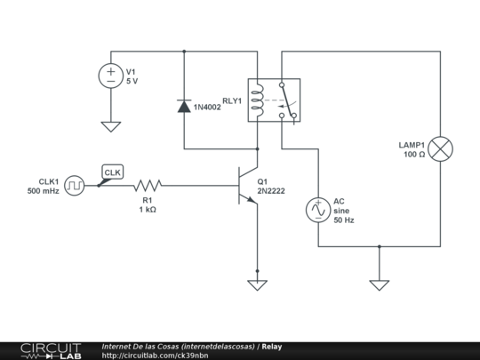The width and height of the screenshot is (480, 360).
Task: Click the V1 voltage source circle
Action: (111, 76)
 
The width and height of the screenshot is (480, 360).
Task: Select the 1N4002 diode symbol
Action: (184, 106)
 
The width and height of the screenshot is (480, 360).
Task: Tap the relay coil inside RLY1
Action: (258, 100)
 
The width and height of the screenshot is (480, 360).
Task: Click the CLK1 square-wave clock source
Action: (75, 186)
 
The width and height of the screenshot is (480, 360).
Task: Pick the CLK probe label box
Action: (113, 172)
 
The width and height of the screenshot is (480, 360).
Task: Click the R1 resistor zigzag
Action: (148, 186)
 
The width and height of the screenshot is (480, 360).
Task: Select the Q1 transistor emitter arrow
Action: (252, 200)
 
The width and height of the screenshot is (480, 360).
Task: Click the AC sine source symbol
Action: (318, 210)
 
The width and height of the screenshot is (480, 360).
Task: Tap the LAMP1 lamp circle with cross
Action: (440, 149)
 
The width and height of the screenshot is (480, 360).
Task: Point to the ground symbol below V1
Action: (111, 127)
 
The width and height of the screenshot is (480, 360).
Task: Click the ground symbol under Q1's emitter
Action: (257, 285)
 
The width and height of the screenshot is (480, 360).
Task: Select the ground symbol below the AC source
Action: (380, 285)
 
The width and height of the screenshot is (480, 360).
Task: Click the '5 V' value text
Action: (132, 81)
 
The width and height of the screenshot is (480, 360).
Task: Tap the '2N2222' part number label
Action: (271, 191)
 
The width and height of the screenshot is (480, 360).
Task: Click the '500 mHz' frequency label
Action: (44, 191)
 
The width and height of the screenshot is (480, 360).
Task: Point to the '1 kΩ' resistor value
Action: (148, 210)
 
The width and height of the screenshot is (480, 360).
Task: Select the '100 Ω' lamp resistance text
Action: (414, 155)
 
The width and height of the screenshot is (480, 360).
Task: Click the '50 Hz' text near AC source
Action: (344, 220)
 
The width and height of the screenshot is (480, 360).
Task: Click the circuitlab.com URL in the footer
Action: (155, 356)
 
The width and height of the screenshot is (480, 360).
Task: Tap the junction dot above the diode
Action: (184, 52)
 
